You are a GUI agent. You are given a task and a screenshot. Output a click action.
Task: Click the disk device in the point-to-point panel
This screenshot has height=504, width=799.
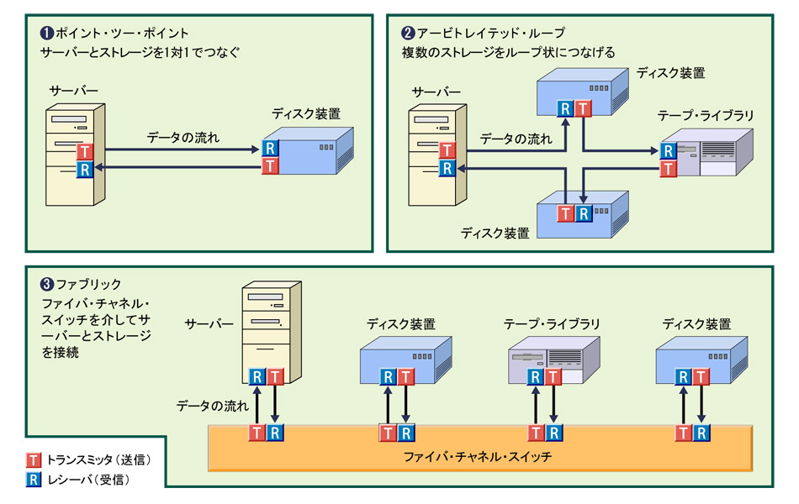(307, 151)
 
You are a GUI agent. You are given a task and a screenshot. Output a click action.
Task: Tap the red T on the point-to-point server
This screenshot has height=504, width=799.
(83, 152)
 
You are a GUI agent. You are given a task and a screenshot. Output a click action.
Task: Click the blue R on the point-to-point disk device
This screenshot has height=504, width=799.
(270, 148)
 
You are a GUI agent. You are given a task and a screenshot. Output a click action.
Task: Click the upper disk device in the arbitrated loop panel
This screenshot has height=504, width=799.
(585, 91)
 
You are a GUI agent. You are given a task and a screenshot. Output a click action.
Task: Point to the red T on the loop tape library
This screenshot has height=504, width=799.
(669, 170)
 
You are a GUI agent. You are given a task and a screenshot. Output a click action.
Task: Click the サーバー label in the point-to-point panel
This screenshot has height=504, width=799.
(74, 90)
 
